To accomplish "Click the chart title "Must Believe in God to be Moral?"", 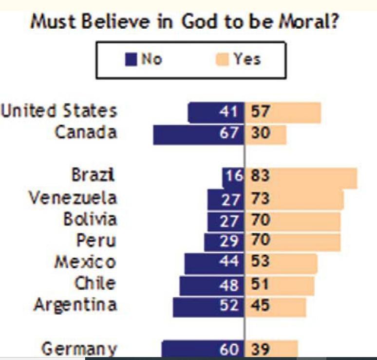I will (185, 21).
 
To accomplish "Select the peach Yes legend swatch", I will (222, 59).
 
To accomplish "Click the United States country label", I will (59, 111).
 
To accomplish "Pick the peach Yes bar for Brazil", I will (312, 177).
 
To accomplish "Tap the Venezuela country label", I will (73, 198).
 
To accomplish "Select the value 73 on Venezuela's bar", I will (261, 199).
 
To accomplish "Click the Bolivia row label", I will (90, 220).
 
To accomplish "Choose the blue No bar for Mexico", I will (202, 263).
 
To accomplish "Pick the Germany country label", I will (79, 349).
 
